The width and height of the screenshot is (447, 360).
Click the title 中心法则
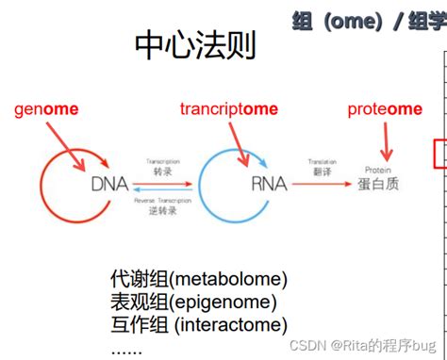(195, 44)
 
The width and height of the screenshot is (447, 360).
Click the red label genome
(46, 109)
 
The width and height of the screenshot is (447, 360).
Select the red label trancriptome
(229, 109)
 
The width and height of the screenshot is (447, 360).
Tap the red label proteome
(384, 109)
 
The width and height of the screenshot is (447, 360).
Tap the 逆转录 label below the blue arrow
(163, 210)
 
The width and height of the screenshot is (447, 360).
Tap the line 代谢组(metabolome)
(198, 280)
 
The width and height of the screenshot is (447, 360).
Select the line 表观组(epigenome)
(193, 303)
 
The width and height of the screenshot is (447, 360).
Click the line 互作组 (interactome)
(197, 325)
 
